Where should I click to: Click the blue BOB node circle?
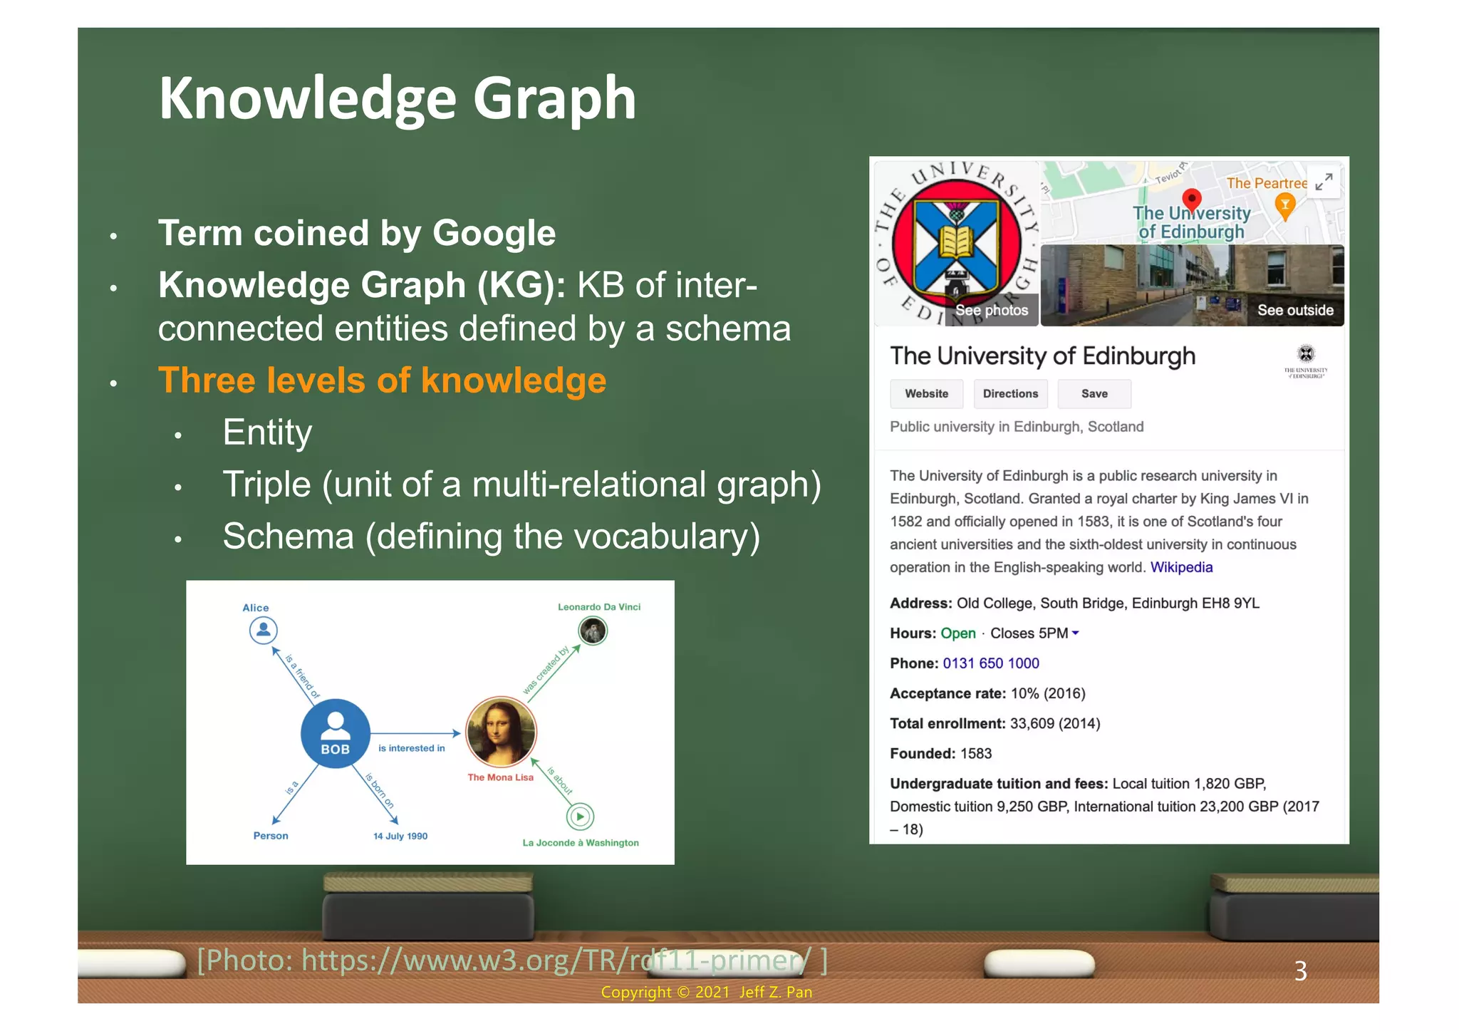point(335,733)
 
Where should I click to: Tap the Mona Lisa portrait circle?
point(501,732)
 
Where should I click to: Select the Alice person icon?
point(263,630)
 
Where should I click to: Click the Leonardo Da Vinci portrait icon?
point(592,631)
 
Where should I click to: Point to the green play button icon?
point(581,817)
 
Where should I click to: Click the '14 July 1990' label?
point(400,836)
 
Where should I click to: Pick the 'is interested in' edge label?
point(411,748)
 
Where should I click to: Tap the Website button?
point(926,393)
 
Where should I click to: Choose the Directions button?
point(1010,393)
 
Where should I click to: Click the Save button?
point(1094,393)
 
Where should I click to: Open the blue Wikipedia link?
point(1181,567)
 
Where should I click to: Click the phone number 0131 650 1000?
point(990,663)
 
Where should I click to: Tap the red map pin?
point(1191,199)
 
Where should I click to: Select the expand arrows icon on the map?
point(1324,182)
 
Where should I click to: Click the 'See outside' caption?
point(1295,310)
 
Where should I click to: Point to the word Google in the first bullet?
point(494,233)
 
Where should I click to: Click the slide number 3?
point(1300,971)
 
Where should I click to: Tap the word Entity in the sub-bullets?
point(267,432)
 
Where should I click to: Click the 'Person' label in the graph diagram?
point(271,836)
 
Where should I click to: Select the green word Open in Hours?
point(957,633)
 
